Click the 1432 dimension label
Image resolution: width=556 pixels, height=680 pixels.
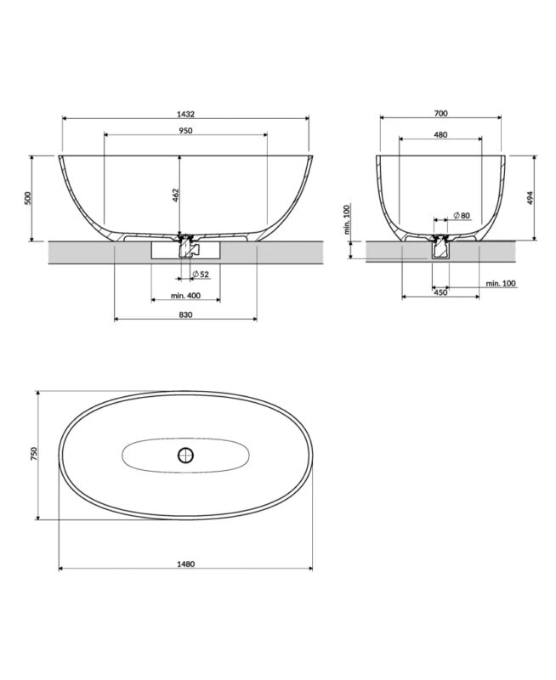186,113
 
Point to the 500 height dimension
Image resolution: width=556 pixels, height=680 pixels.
28,198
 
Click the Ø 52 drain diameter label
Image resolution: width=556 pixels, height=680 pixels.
201,274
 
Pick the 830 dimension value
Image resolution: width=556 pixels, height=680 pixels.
186,314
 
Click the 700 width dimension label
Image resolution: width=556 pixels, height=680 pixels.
440,113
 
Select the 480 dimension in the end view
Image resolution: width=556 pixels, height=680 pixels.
440,134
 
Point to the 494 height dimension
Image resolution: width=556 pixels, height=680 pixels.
530,197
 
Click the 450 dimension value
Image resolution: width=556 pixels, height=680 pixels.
440,292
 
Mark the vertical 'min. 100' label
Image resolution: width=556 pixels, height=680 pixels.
346,219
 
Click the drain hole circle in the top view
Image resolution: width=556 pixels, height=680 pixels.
185,455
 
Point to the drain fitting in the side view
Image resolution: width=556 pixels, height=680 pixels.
185,246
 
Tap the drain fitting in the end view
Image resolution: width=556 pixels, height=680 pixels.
440,246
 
